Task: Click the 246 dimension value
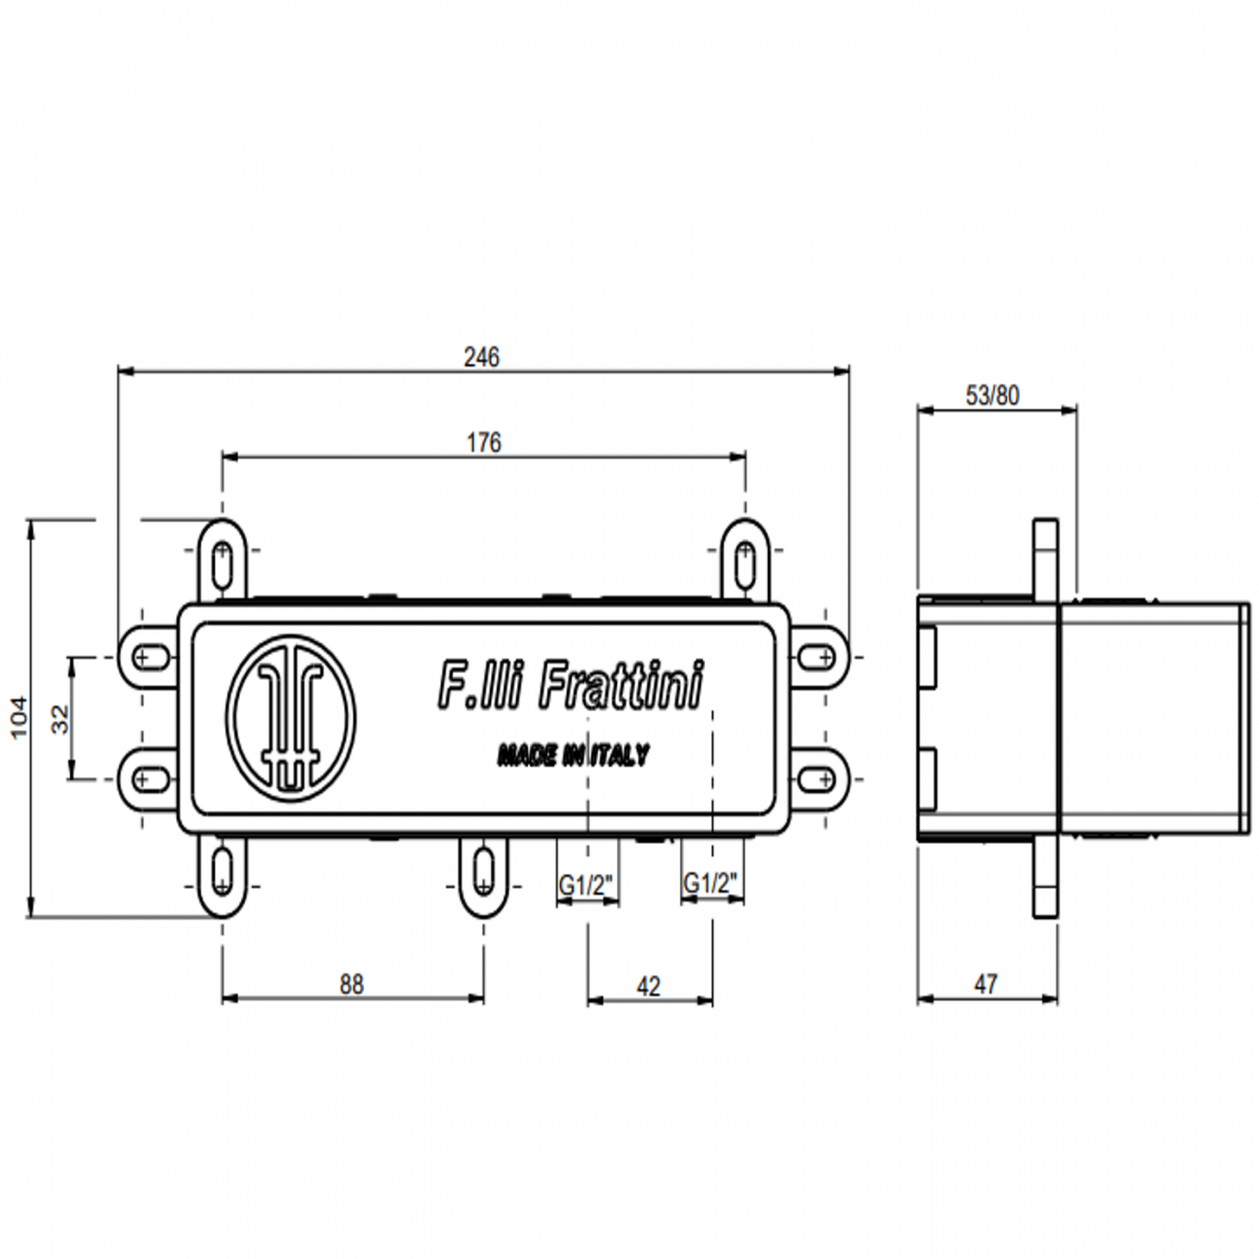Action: click(x=481, y=357)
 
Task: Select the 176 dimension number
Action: click(x=484, y=443)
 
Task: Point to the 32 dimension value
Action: click(x=60, y=718)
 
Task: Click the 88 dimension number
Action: click(x=352, y=984)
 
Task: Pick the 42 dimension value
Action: click(x=649, y=986)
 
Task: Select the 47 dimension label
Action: click(x=986, y=984)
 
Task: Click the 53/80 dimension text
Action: click(x=993, y=395)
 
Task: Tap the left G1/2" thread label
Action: click(x=587, y=883)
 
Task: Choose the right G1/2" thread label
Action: click(x=712, y=883)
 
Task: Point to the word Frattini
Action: click(x=620, y=685)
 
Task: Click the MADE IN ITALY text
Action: click(x=573, y=755)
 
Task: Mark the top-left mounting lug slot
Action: click(x=224, y=563)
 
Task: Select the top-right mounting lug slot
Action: click(x=745, y=563)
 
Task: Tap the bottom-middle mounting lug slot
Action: click(x=483, y=869)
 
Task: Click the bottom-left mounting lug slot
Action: click(x=224, y=869)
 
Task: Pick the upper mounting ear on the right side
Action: click(x=819, y=657)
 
